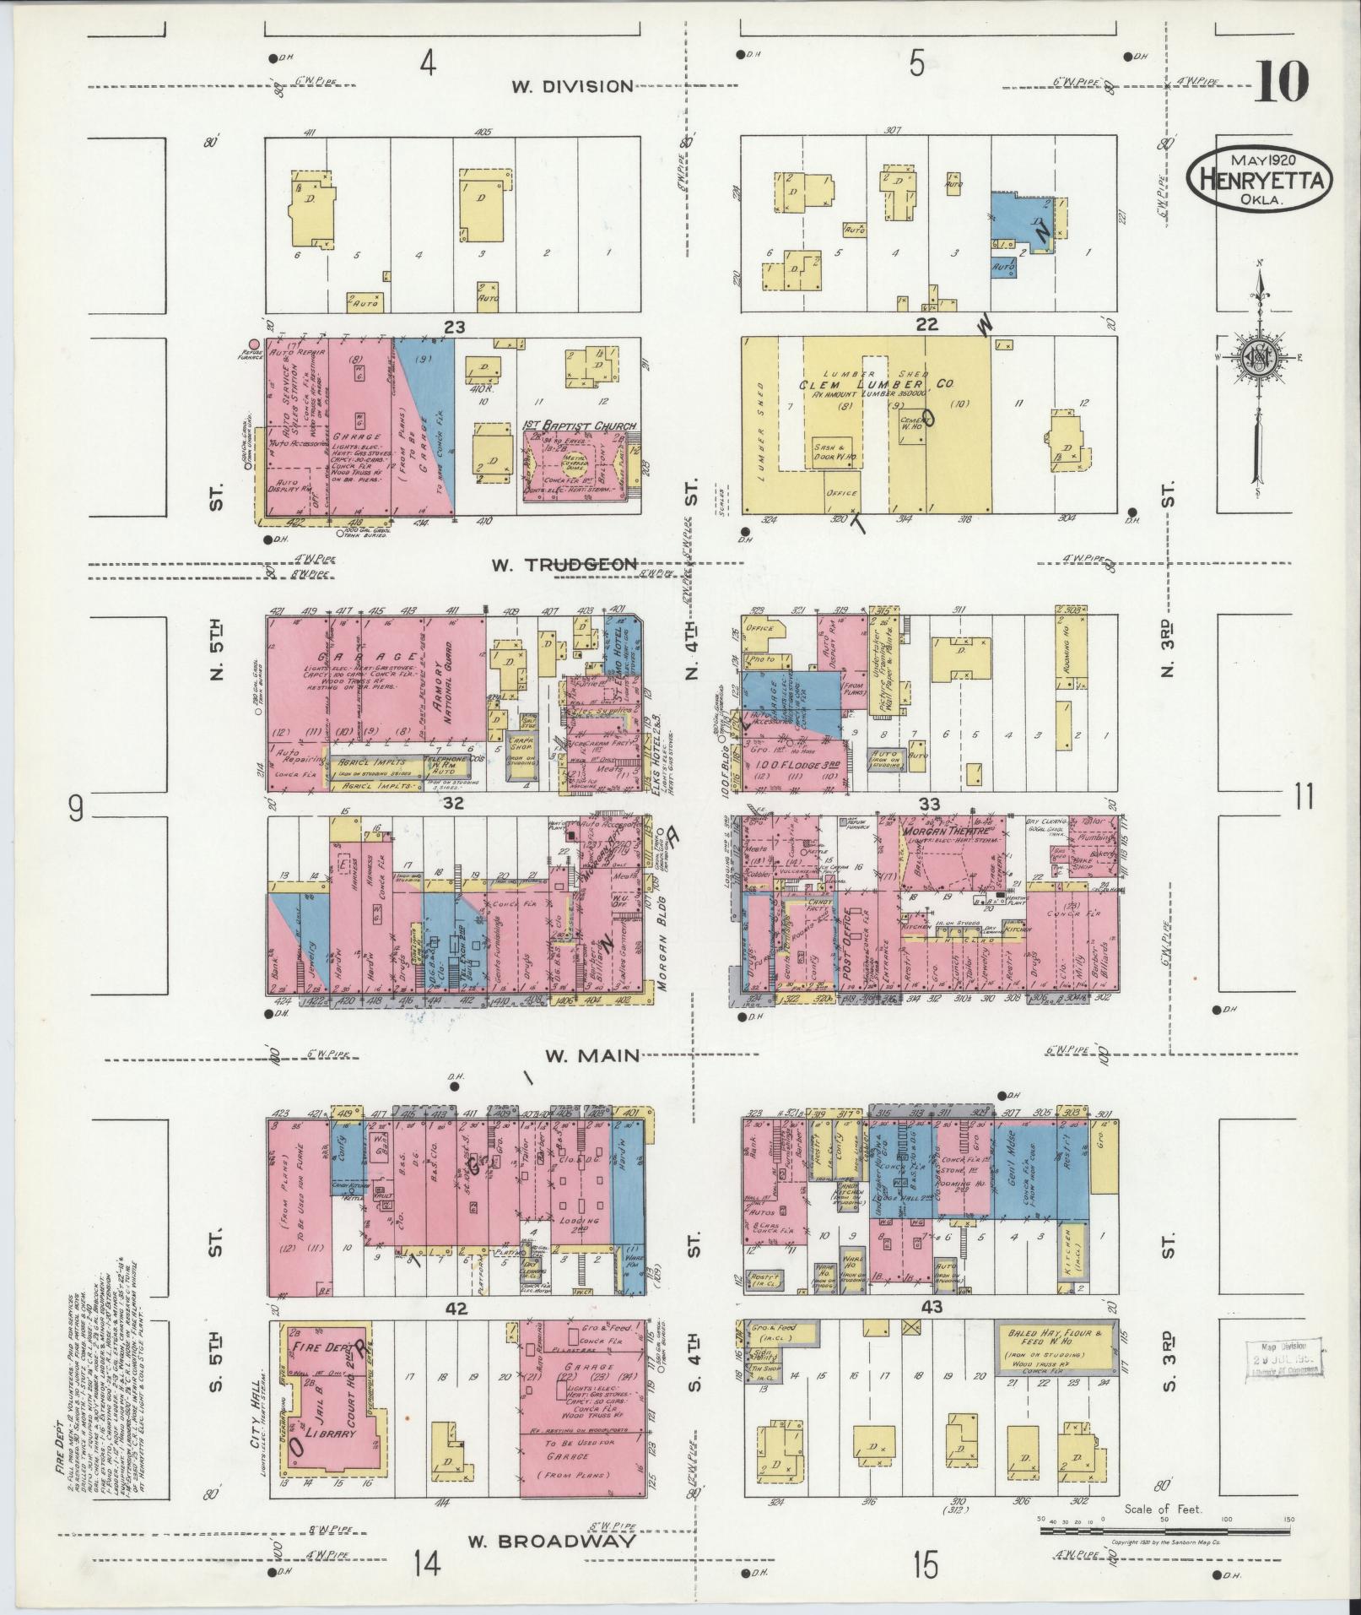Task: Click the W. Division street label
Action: click(572, 85)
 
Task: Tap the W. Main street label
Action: click(592, 1055)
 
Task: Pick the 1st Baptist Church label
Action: click(580, 426)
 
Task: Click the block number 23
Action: click(455, 326)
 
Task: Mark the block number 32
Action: click(455, 804)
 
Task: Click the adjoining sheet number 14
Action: click(427, 1564)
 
